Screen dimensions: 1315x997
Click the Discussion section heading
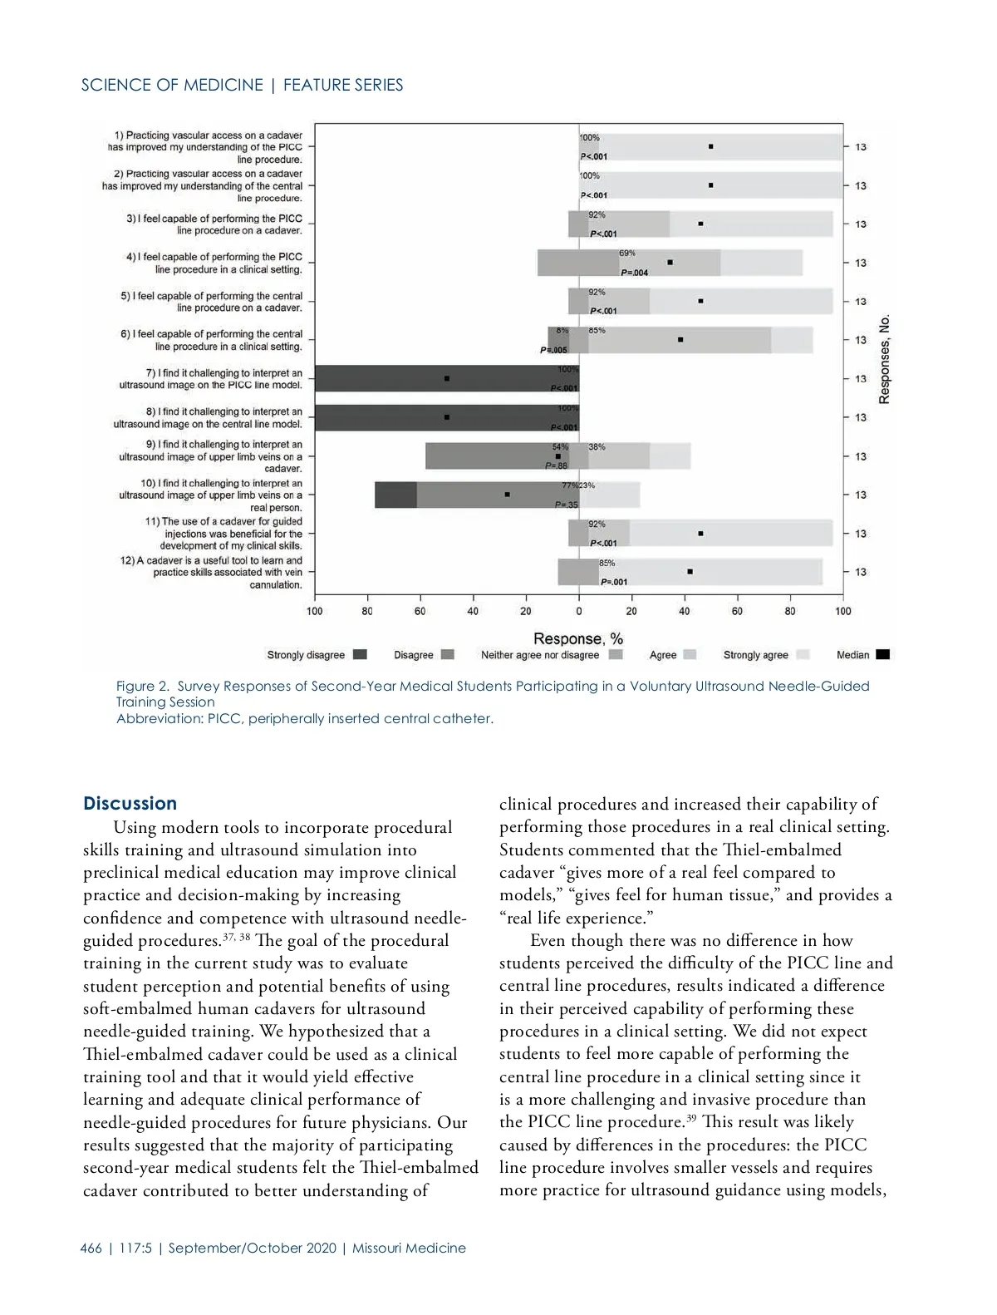(130, 803)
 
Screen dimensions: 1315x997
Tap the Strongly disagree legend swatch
(360, 655)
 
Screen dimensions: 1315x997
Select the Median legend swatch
(882, 655)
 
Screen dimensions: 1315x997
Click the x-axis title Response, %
(577, 638)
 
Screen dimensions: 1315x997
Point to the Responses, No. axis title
(885, 359)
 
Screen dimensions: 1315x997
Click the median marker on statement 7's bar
(447, 378)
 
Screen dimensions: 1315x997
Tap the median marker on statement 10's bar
(507, 495)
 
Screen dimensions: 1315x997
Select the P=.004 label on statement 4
(634, 273)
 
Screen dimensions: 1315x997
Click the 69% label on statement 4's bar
(627, 253)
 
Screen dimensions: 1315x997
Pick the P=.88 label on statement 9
(556, 466)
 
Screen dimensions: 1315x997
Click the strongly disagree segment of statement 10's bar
(395, 495)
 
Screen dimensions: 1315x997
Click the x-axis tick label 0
(578, 611)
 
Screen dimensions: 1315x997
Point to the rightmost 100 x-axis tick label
(842, 611)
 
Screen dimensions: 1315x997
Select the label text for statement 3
(214, 224)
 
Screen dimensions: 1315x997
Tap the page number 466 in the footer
(91, 1248)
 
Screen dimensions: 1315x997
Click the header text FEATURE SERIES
(343, 85)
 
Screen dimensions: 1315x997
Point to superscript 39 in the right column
(690, 1116)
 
